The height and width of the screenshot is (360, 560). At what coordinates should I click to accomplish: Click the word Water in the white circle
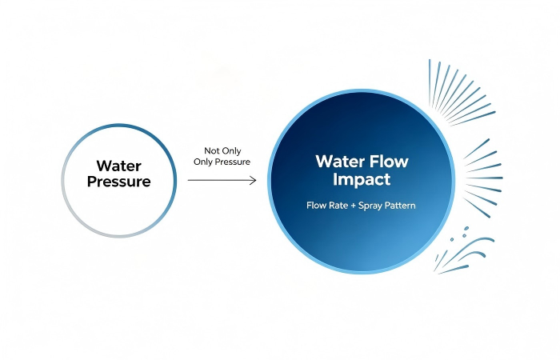[x=119, y=166]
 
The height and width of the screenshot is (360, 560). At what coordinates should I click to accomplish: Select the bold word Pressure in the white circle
[x=119, y=182]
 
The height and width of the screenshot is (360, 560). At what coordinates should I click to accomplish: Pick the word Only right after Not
[x=232, y=151]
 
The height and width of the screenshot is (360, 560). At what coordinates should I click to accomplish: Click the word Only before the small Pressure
[x=203, y=162]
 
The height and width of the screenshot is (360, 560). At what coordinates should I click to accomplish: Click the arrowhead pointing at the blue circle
[x=253, y=180]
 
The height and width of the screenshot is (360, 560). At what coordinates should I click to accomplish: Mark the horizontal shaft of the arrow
[x=222, y=180]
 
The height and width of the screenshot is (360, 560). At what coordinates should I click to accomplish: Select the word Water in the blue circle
[x=339, y=161]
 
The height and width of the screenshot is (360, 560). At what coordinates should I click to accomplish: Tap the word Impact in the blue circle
[x=362, y=179]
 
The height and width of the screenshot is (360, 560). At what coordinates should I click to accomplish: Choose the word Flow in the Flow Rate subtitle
[x=315, y=206]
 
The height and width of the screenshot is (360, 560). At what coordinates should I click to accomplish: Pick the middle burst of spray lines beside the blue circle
[x=484, y=178]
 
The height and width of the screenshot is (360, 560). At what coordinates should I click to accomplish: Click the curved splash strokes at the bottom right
[x=464, y=255]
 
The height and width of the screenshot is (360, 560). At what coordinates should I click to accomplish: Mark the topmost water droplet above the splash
[x=466, y=229]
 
